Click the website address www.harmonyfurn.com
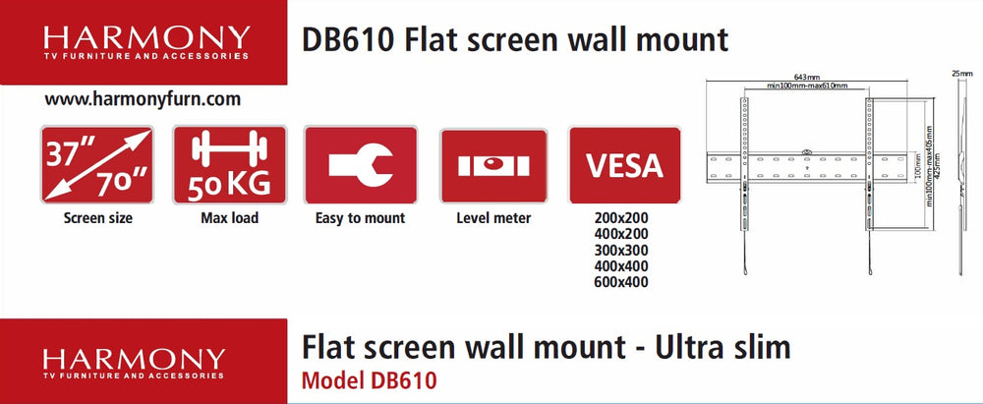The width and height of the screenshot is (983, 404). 143,99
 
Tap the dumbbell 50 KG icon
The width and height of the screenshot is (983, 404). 229,165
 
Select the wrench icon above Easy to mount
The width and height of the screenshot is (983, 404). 361,165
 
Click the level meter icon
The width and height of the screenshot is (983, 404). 493,165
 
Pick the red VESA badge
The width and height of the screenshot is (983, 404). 624,165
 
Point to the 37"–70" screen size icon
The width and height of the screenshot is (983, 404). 97,165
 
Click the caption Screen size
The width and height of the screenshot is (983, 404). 97,218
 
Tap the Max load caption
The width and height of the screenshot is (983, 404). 229,218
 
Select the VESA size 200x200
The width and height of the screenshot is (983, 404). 621,219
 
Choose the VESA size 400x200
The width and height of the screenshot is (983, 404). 621,235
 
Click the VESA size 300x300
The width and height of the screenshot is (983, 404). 621,251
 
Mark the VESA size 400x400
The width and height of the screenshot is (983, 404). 621,266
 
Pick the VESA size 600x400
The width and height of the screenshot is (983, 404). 621,282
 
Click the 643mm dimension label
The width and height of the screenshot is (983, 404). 807,77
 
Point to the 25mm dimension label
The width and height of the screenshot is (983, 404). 962,74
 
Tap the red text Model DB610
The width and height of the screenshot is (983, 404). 369,380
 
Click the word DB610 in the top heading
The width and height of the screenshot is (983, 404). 348,40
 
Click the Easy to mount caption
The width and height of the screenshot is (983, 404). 361,218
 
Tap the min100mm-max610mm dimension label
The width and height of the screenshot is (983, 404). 807,86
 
